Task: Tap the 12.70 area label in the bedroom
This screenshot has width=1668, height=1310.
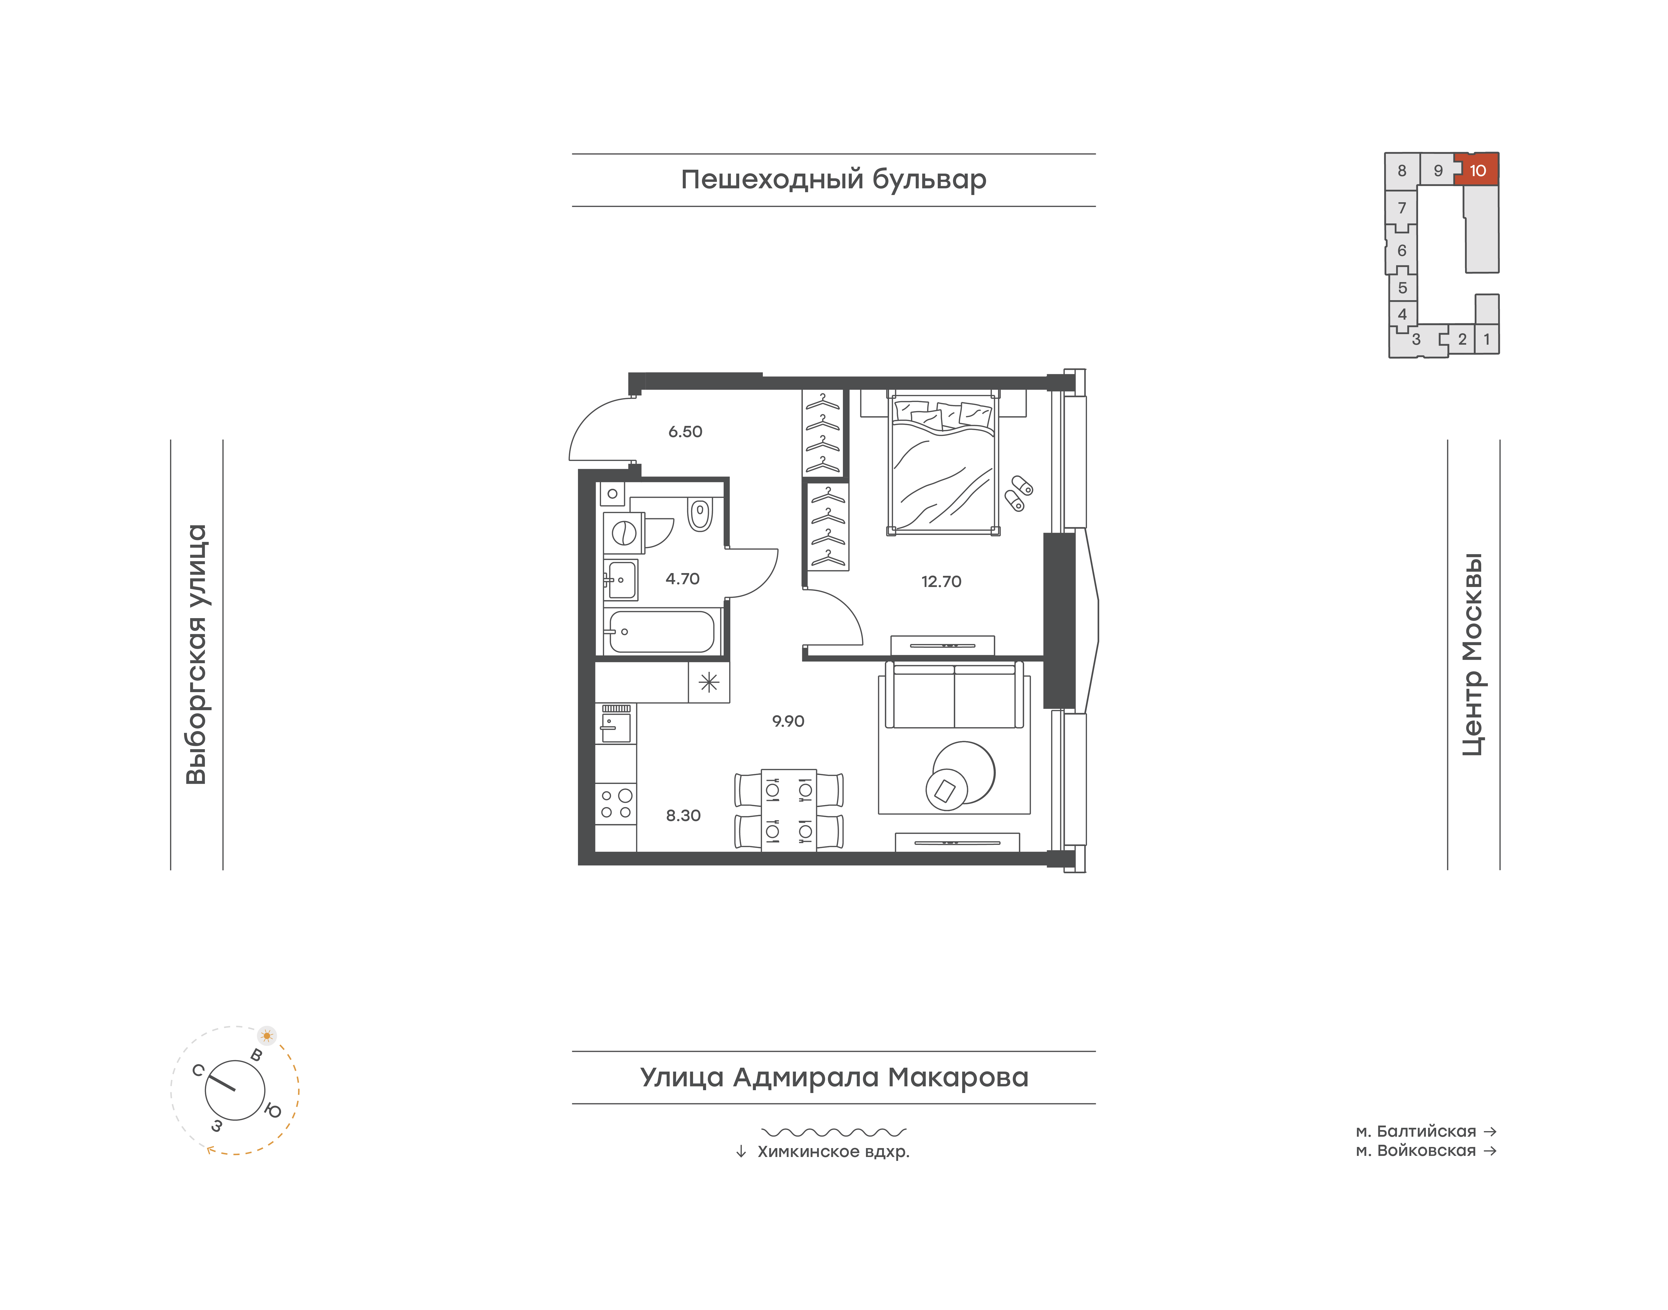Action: click(x=941, y=581)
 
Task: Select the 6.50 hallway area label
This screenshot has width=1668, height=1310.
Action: click(x=685, y=432)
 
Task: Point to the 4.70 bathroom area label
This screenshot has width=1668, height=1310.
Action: click(x=682, y=579)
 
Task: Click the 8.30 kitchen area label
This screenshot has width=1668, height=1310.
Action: click(x=683, y=815)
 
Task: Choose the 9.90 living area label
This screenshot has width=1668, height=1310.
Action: click(x=788, y=721)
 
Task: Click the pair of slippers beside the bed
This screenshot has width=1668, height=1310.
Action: click(x=1019, y=493)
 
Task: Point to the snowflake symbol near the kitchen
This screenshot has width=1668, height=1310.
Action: click(x=709, y=682)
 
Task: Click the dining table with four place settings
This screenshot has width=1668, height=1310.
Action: click(x=789, y=810)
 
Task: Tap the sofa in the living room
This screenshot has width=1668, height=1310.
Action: click(x=954, y=695)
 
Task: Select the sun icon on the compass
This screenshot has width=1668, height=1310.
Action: click(x=267, y=1035)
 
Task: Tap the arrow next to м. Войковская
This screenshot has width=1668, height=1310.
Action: click(x=1490, y=1151)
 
